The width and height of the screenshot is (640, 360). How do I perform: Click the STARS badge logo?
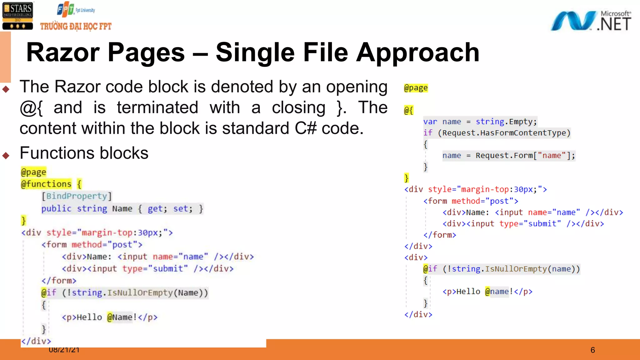point(17,16)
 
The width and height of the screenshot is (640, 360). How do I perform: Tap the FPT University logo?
point(76,10)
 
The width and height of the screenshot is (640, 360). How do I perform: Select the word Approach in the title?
point(418,52)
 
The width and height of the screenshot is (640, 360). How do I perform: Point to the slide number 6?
point(592,350)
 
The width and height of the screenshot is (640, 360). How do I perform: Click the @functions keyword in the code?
point(46,184)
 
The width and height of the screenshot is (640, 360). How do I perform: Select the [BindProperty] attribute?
point(77,196)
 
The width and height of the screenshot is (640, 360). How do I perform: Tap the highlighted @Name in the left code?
point(120,317)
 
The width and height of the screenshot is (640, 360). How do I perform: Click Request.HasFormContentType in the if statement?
point(504,133)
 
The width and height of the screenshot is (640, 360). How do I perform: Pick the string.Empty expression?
point(506,122)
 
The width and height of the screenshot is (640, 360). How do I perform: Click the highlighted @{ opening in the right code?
point(408,110)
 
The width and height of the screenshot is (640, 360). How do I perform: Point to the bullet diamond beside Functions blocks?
point(6,155)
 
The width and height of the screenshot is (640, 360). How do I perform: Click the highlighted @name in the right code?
point(497,292)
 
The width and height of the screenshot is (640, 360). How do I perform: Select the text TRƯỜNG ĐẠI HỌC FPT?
point(76,27)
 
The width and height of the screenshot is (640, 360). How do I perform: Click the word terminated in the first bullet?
point(157,107)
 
